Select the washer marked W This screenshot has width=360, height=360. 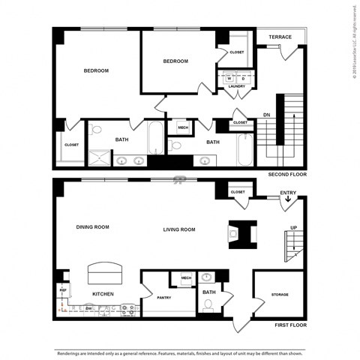229,78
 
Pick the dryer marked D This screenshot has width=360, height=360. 242,78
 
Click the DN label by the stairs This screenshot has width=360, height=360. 265,115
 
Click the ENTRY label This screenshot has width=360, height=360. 288,193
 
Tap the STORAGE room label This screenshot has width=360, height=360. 280,294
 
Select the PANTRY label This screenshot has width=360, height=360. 164,298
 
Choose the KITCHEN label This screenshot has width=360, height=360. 102,294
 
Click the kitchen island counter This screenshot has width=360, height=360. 104,271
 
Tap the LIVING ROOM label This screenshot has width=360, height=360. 179,229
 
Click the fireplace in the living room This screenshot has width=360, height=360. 242,233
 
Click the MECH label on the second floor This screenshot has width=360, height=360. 183,127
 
